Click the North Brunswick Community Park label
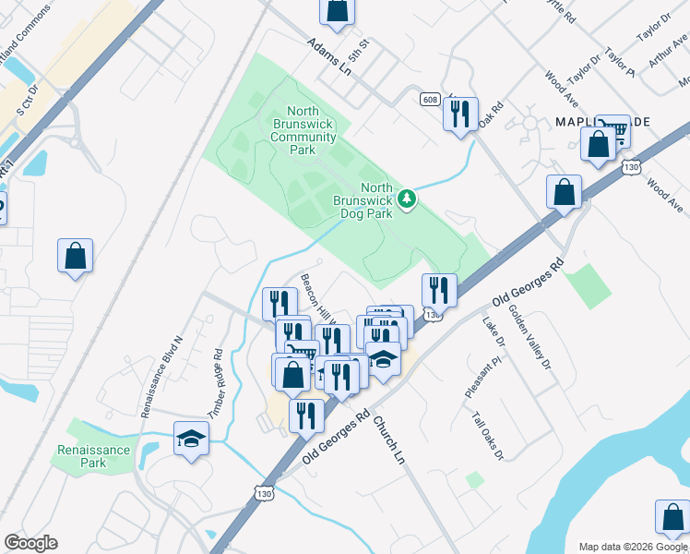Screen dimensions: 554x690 303,130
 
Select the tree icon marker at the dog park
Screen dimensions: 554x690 407,198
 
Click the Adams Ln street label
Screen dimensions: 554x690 331,54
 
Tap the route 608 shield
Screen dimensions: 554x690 429,99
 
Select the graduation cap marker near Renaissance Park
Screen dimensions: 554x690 191,439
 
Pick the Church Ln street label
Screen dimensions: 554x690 387,439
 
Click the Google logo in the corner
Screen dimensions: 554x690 30,543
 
